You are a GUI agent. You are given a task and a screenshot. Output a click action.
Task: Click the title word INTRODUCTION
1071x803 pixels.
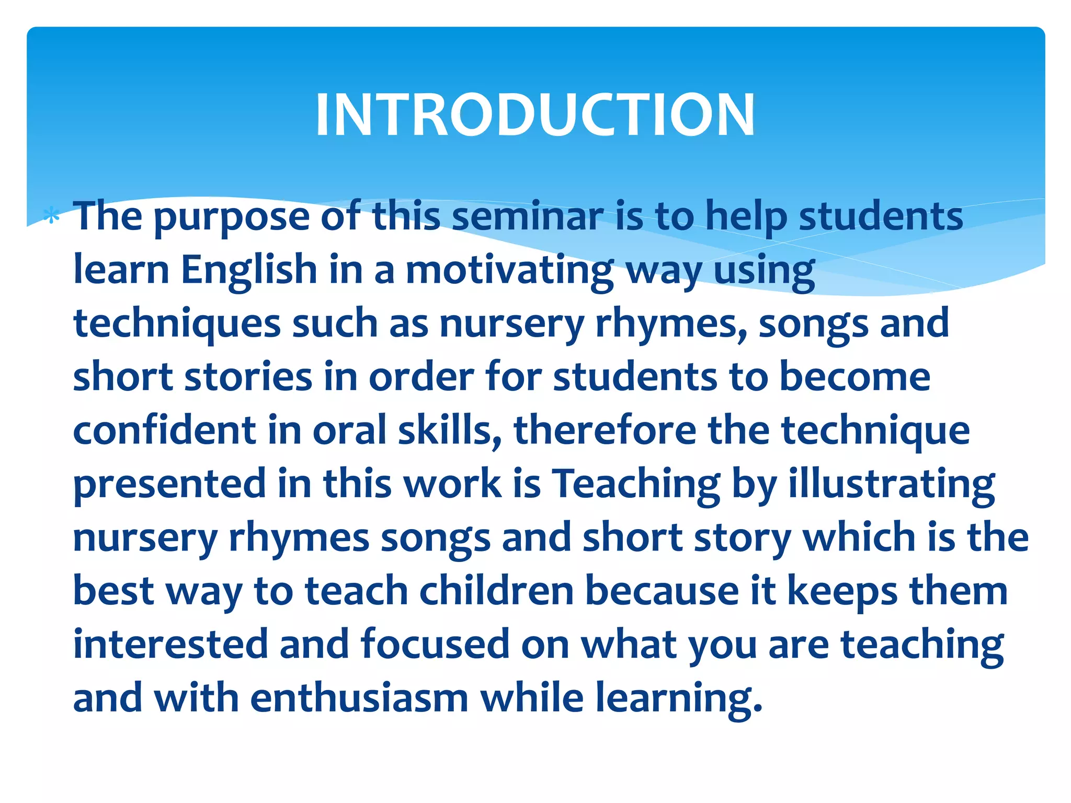tap(535, 114)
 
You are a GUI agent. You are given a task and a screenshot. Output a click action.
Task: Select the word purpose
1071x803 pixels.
tap(231, 217)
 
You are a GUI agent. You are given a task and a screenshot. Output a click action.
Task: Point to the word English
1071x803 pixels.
tap(249, 270)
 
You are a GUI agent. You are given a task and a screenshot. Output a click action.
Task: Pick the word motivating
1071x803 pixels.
tap(509, 271)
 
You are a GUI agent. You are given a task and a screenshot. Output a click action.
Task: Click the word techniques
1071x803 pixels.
tap(177, 324)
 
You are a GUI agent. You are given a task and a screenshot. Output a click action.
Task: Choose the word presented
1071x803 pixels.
tap(169, 485)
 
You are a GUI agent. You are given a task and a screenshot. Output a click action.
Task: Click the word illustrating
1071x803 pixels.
tap(891, 485)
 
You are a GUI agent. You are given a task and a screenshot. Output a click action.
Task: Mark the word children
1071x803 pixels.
tap(496, 591)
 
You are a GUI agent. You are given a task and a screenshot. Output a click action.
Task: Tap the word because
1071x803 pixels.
tap(662, 591)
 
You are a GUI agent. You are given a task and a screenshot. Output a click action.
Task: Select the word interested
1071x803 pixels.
tap(170, 645)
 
